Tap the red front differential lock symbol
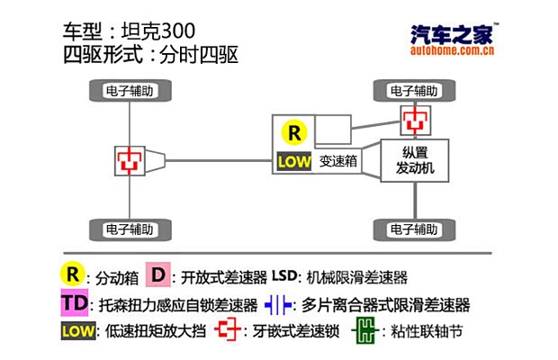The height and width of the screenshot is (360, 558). point(415,119)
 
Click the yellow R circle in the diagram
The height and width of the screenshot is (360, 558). point(294,132)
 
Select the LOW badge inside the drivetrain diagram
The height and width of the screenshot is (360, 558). point(293,163)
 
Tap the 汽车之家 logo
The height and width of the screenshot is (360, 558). point(450,35)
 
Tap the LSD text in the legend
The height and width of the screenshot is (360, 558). point(284,275)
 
